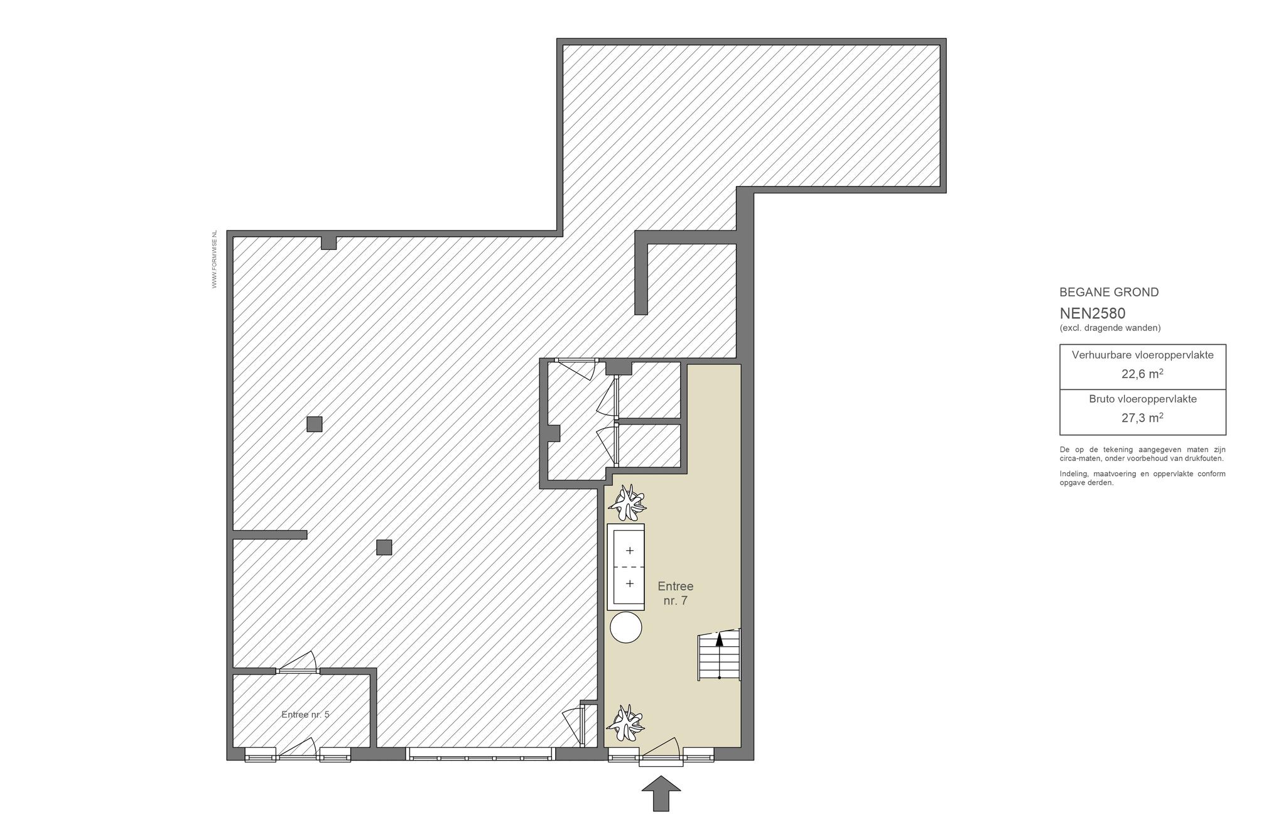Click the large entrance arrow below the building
pyautogui.click(x=661, y=793)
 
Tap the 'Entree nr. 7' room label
pyautogui.click(x=676, y=593)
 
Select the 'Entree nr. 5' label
pyautogui.click(x=305, y=715)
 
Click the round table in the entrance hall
pyautogui.click(x=625, y=627)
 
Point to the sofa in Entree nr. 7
pyautogui.click(x=625, y=567)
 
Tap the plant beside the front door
pyautogui.click(x=626, y=723)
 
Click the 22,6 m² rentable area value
pyautogui.click(x=1142, y=374)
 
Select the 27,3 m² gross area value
pyautogui.click(x=1142, y=418)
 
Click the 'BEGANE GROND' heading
pyautogui.click(x=1109, y=292)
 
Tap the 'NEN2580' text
pyautogui.click(x=1093, y=313)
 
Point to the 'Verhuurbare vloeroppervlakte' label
pyautogui.click(x=1143, y=355)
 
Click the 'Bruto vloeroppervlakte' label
pyautogui.click(x=1143, y=399)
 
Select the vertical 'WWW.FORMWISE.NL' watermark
pyautogui.click(x=214, y=259)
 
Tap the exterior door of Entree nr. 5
pyautogui.click(x=298, y=751)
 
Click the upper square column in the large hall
pyautogui.click(x=315, y=425)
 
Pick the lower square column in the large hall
pyautogui.click(x=384, y=548)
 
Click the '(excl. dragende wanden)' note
pyautogui.click(x=1110, y=328)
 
